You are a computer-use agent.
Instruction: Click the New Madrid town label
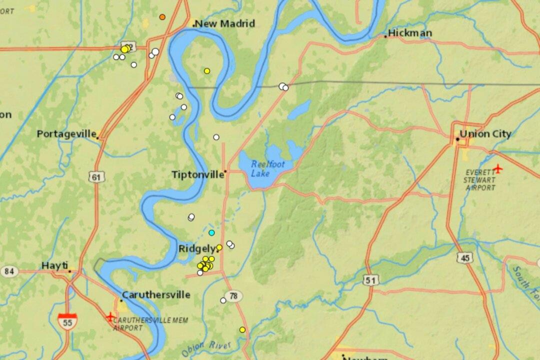click(x=225, y=23)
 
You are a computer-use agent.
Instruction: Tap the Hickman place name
click(x=410, y=33)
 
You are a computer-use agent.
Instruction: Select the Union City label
click(x=485, y=134)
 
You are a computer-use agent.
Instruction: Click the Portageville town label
click(x=66, y=134)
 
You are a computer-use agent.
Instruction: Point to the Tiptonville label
click(x=198, y=174)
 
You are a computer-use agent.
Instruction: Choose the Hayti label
click(x=54, y=266)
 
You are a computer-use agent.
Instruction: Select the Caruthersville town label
click(x=156, y=294)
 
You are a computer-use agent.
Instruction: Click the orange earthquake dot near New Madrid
click(x=162, y=17)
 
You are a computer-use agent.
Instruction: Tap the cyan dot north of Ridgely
click(x=211, y=233)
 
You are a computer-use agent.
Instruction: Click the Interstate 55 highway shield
click(x=67, y=320)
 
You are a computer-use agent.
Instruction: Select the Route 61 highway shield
click(x=95, y=177)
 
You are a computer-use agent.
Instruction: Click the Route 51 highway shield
click(x=370, y=280)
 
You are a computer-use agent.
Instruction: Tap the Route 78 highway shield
click(x=233, y=296)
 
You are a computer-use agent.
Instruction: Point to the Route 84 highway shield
click(x=9, y=271)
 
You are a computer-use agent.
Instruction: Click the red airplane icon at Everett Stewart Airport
click(x=497, y=168)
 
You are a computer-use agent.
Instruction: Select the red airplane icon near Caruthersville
click(x=110, y=316)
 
